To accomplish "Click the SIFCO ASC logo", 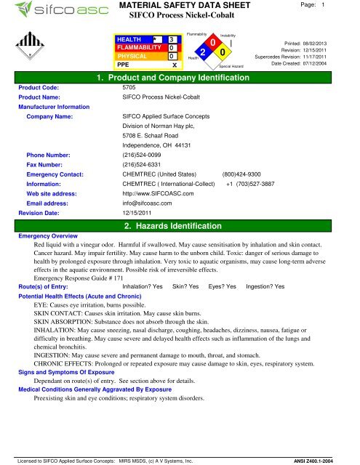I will click(44, 12).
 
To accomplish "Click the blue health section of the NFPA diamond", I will click(205, 52).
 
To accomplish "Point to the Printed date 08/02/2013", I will click(335, 43).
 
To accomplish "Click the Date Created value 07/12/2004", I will click(335, 65).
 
